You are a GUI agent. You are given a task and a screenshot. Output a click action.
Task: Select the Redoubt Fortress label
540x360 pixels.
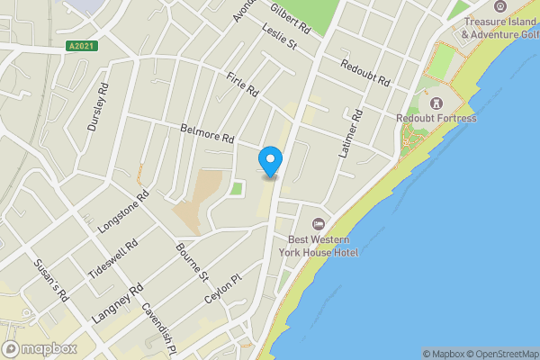(x=436, y=118)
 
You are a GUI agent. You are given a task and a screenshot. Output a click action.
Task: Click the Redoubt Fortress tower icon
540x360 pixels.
(x=436, y=102)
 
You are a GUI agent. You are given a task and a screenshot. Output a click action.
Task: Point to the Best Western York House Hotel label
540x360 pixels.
(x=322, y=246)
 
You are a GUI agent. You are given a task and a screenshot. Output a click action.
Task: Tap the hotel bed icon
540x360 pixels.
(x=317, y=223)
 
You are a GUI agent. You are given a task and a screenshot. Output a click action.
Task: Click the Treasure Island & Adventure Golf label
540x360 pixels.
(x=499, y=28)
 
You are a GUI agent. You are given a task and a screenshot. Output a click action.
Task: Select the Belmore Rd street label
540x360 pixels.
(x=207, y=134)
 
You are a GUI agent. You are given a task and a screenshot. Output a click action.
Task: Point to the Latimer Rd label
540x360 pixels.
(x=350, y=134)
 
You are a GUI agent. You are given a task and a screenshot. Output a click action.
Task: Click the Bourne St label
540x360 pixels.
(x=192, y=260)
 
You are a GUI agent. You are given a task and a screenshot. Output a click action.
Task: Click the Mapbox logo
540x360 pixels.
(x=39, y=348)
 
